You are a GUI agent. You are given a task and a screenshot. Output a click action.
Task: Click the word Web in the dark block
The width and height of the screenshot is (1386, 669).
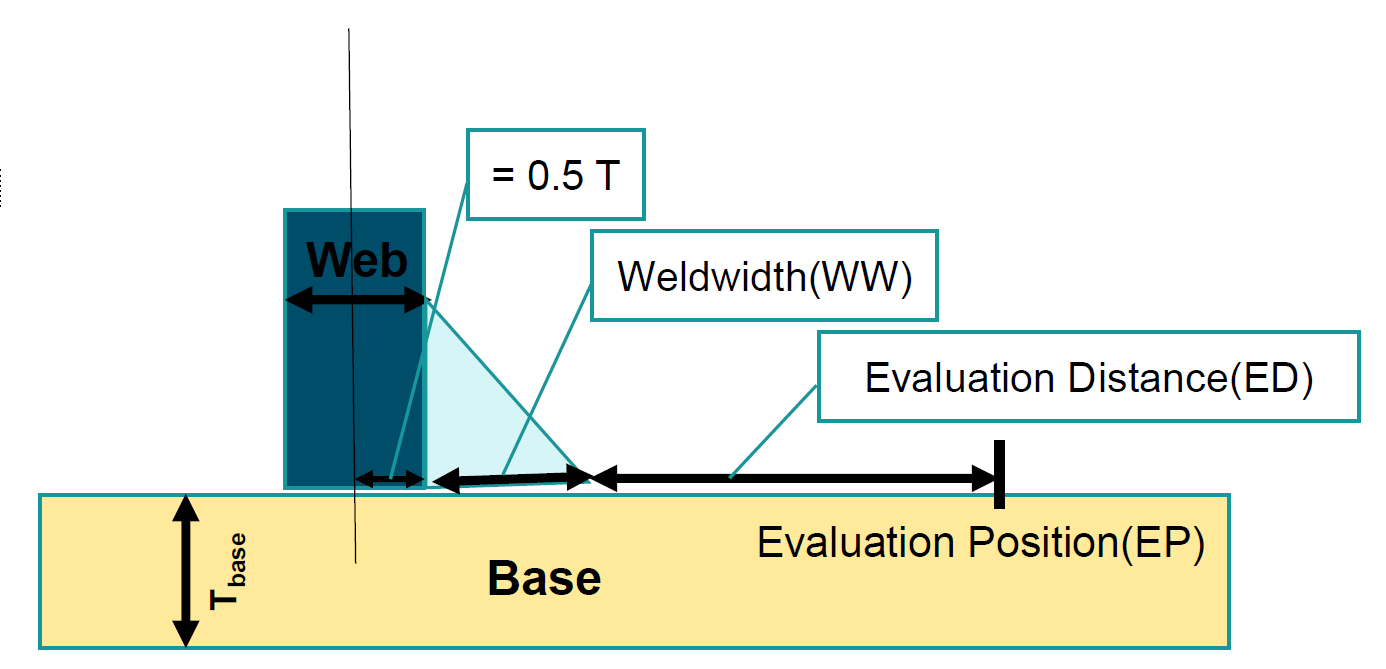[x=357, y=261]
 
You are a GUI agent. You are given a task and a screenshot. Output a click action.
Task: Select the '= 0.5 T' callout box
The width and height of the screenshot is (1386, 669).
[x=556, y=175]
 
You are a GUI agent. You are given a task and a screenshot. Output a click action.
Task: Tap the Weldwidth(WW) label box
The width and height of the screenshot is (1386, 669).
[x=764, y=277]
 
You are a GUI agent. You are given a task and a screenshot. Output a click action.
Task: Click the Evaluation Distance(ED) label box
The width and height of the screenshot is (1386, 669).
[x=1088, y=377]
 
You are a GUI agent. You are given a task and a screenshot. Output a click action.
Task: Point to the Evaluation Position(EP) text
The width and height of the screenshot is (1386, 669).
[x=980, y=542]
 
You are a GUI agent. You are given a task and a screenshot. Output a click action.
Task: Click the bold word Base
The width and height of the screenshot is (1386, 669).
[x=544, y=579]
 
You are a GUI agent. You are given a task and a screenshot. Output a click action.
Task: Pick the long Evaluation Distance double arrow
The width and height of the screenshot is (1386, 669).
[x=795, y=479]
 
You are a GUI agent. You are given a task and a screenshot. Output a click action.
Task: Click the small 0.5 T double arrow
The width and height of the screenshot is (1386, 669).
[x=390, y=480]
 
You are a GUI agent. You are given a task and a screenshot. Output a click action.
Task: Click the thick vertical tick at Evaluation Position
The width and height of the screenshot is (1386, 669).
[x=999, y=474]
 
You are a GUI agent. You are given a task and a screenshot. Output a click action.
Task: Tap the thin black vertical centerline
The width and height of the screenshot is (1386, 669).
[x=351, y=150]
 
